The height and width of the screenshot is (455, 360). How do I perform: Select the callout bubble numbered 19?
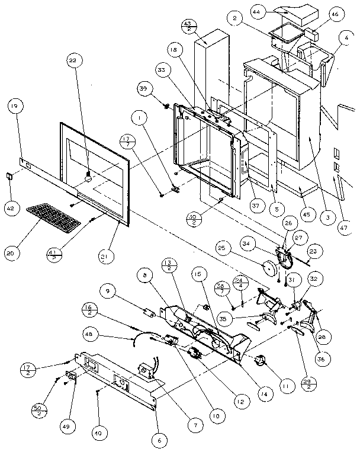(x=15, y=107)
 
